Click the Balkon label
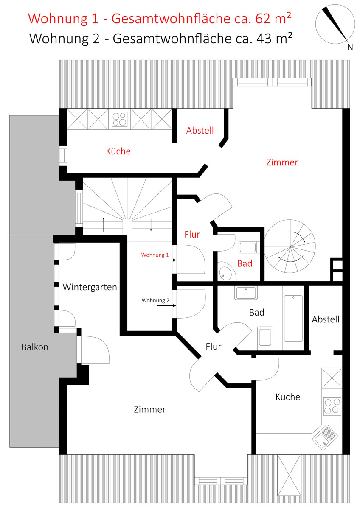pyautogui.click(x=35, y=347)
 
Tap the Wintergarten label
pyautogui.click(x=90, y=287)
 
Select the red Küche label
pyautogui.click(x=118, y=151)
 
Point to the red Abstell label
pyautogui.click(x=200, y=131)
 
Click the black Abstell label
pyautogui.click(x=326, y=319)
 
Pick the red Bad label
pyautogui.click(x=245, y=263)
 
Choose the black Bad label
pyautogui.click(x=257, y=313)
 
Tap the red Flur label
pyautogui.click(x=192, y=235)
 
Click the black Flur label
pyautogui.click(x=214, y=347)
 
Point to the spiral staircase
pyautogui.click(x=290, y=246)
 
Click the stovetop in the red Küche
pyautogui.click(x=119, y=119)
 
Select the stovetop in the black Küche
pyautogui.click(x=332, y=406)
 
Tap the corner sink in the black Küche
pyautogui.click(x=325, y=437)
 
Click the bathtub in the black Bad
pyautogui.click(x=293, y=319)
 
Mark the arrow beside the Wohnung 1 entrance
pyautogui.click(x=166, y=260)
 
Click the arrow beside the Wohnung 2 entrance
pyautogui.click(x=166, y=306)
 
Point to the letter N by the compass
pyautogui.click(x=350, y=47)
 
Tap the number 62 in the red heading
pyautogui.click(x=263, y=18)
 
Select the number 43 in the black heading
pyautogui.click(x=264, y=39)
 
